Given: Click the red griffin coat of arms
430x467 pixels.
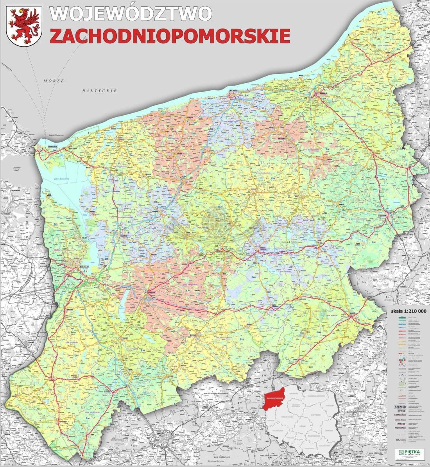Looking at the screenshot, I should click(25, 25).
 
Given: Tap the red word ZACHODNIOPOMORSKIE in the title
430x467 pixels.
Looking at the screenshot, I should click(170, 36).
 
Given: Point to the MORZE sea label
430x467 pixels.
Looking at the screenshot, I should click(54, 80).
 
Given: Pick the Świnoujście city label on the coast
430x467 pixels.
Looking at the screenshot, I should click(41, 147).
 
